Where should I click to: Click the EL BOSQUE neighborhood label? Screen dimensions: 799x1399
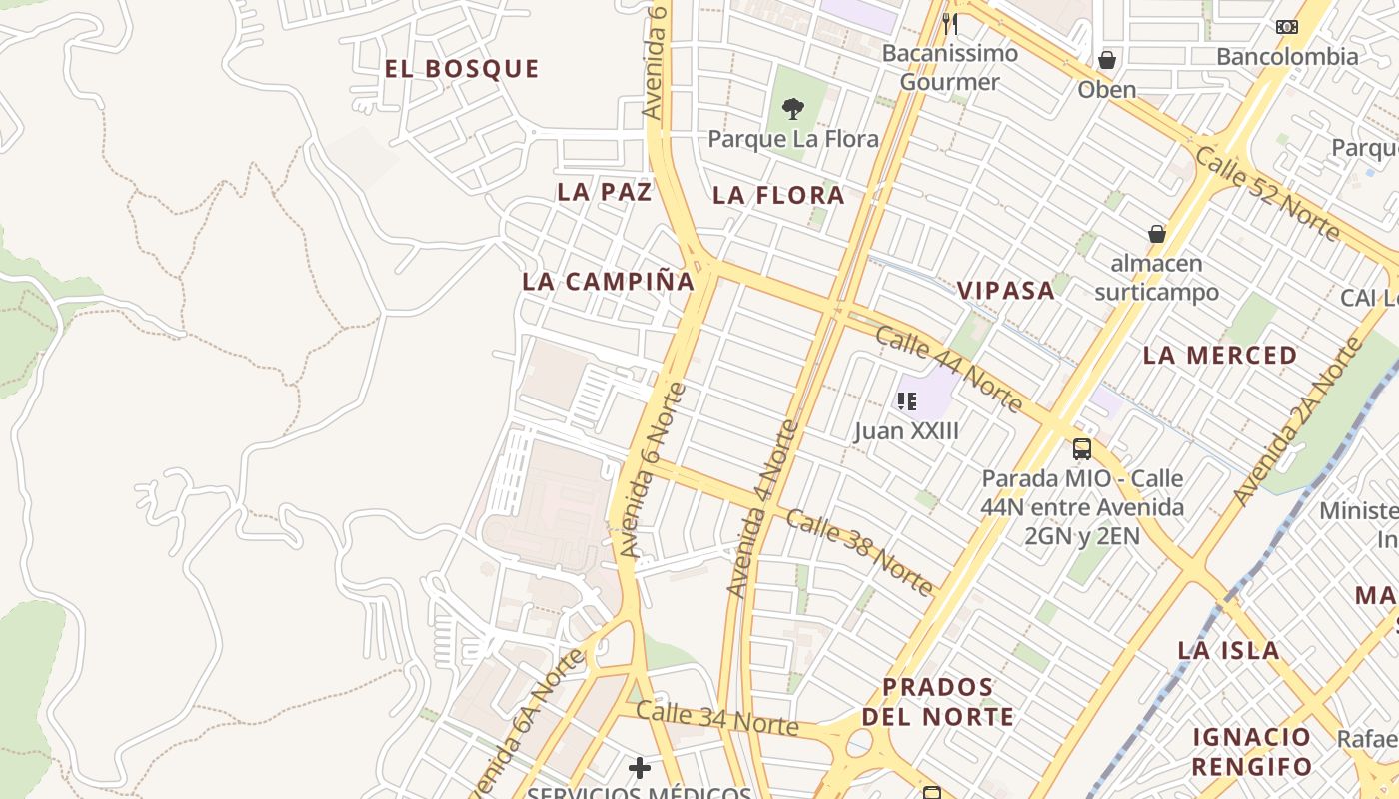point(462,69)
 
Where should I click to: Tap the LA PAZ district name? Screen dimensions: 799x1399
point(605,192)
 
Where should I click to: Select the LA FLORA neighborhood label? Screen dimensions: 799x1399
point(778,196)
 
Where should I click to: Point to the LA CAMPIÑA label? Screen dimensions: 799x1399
point(608,282)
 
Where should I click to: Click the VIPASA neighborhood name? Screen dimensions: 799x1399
point(1006,291)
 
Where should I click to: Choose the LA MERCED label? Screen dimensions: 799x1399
point(1220,356)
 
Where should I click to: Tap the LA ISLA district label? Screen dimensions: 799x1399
point(1228,651)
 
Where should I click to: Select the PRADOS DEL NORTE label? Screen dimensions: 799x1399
point(938,702)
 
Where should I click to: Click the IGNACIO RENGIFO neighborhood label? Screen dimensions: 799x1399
point(1252,752)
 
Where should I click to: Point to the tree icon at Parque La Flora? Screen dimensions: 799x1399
point(793,108)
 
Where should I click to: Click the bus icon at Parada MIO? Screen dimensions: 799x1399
point(1082,448)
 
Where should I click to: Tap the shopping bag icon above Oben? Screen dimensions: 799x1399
point(1107,60)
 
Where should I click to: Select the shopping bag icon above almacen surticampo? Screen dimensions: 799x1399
point(1157,234)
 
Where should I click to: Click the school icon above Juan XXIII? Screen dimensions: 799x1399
point(907,401)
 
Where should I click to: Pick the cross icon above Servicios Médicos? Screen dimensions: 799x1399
point(640,768)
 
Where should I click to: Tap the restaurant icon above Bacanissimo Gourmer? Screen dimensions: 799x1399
point(950,23)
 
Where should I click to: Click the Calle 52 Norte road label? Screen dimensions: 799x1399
point(1266,194)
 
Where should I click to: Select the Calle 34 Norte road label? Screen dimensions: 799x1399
point(716,718)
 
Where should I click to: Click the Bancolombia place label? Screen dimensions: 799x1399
point(1287,56)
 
